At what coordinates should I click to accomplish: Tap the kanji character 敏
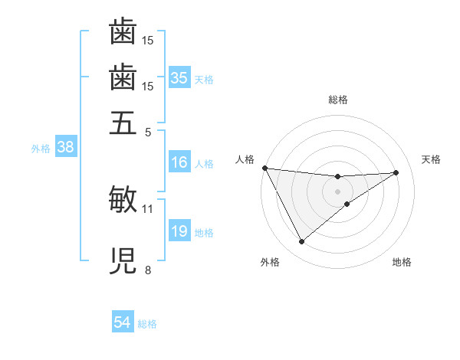click(123, 199)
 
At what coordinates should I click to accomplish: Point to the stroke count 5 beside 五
click(148, 132)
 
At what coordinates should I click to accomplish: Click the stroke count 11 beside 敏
click(148, 208)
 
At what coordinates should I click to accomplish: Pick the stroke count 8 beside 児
click(148, 270)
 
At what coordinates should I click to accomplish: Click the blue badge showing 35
click(179, 77)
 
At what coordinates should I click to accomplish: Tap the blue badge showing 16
click(179, 162)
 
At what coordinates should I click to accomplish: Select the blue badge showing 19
click(179, 231)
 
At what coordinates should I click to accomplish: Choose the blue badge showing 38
click(65, 148)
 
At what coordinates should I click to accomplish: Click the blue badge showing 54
click(123, 323)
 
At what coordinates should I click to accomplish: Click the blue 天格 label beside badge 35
click(204, 79)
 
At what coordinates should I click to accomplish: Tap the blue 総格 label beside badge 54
click(147, 324)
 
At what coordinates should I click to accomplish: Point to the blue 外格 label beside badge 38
click(41, 149)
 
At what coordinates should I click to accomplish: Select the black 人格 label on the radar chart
click(245, 159)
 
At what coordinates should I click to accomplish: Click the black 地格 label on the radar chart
click(402, 263)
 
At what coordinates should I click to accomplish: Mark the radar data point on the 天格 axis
click(396, 172)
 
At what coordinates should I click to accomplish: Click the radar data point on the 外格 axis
click(301, 242)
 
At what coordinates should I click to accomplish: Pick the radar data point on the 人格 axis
click(264, 168)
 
